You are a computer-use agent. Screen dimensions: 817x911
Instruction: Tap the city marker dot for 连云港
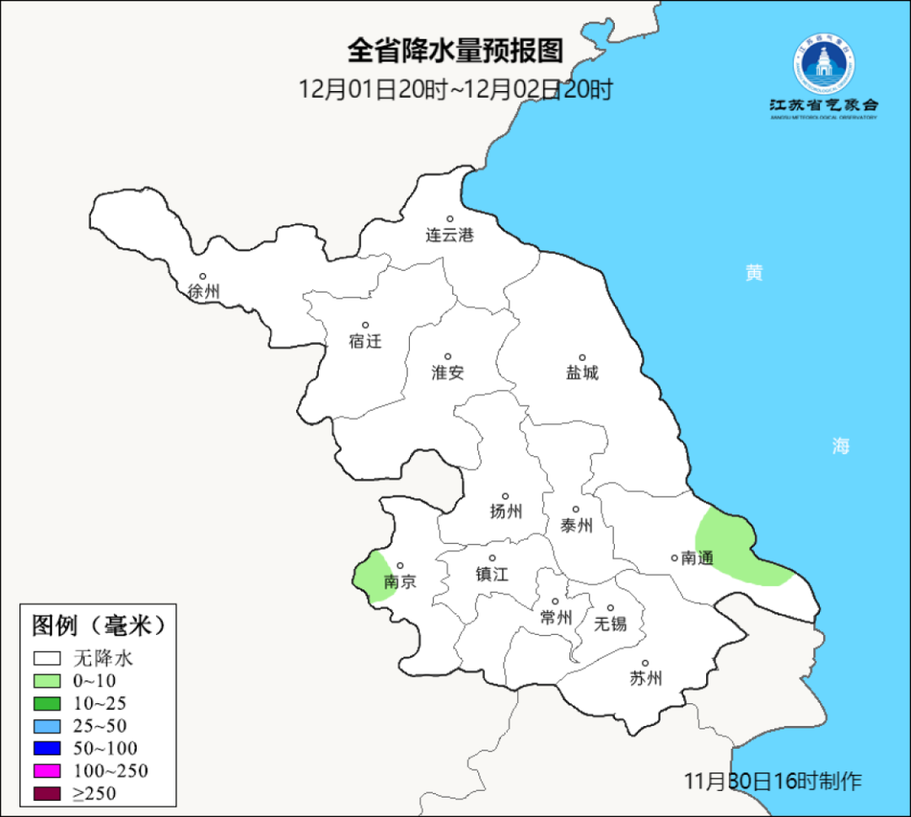pyautogui.click(x=450, y=219)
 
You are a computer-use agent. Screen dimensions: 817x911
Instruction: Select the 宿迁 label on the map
pyautogui.click(x=365, y=341)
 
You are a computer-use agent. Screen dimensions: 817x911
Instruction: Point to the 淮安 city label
pyautogui.click(x=448, y=373)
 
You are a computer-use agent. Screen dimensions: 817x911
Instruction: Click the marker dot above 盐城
pyautogui.click(x=581, y=357)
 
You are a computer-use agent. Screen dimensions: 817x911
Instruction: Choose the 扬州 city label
pyautogui.click(x=506, y=512)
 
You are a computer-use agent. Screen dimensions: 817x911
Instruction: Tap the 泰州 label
pyautogui.click(x=576, y=526)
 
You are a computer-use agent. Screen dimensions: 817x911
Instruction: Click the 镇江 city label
pyautogui.click(x=492, y=574)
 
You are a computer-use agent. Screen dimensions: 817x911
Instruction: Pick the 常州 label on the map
pyautogui.click(x=556, y=618)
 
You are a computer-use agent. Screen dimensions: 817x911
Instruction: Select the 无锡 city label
pyautogui.click(x=611, y=624)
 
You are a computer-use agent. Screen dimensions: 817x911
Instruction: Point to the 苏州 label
pyautogui.click(x=645, y=679)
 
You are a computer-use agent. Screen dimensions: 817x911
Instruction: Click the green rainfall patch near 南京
pyautogui.click(x=371, y=576)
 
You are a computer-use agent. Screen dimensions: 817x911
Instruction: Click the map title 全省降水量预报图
pyautogui.click(x=455, y=51)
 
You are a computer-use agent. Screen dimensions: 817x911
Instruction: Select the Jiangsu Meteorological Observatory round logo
pyautogui.click(x=823, y=63)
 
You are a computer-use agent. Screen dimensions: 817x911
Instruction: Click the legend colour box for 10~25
pyautogui.click(x=47, y=703)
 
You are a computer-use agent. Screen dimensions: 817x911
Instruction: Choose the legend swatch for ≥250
pyautogui.click(x=47, y=793)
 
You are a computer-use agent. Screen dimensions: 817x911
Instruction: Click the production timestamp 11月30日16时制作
pyautogui.click(x=773, y=782)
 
